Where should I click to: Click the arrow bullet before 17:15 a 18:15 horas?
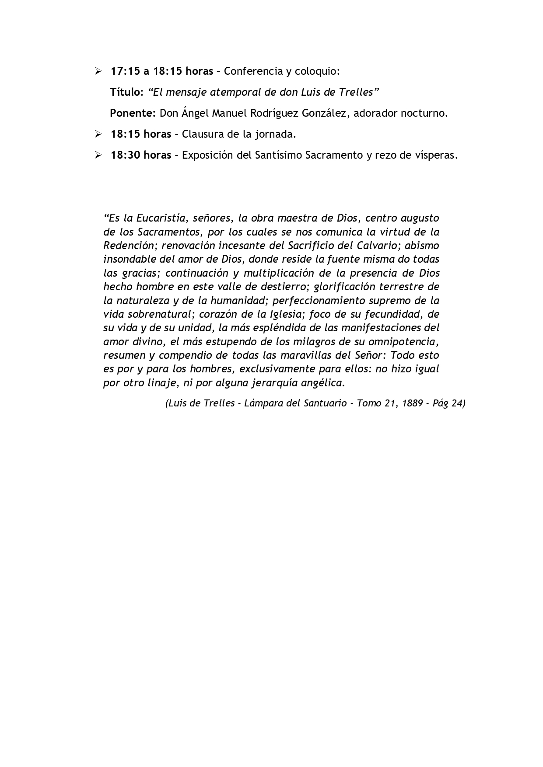click(98, 71)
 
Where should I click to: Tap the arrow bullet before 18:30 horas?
click(98, 155)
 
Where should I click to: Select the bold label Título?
click(126, 92)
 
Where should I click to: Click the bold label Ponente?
click(133, 113)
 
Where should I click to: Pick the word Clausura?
click(201, 134)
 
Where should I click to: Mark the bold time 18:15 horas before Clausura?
click(141, 134)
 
